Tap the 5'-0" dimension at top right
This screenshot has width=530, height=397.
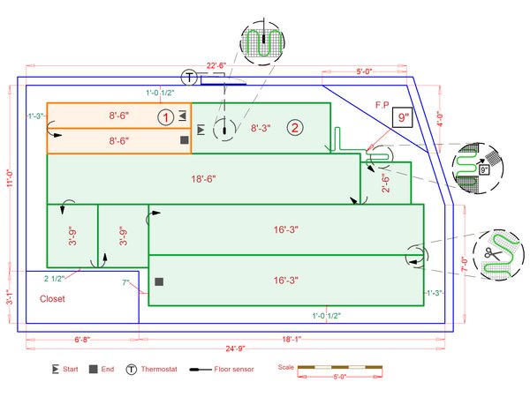[x=367, y=71]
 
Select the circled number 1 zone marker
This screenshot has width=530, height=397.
[x=164, y=116]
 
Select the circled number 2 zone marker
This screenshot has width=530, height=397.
[x=296, y=128]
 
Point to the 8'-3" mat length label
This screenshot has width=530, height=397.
[x=261, y=129]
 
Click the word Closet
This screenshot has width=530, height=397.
[x=52, y=298]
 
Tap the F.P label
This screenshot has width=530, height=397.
[x=382, y=106]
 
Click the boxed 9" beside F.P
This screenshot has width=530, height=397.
[x=404, y=117]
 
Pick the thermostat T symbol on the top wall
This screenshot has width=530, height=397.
[x=190, y=77]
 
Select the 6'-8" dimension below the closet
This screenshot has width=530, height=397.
[x=82, y=339]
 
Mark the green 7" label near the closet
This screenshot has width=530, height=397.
[x=126, y=283]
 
